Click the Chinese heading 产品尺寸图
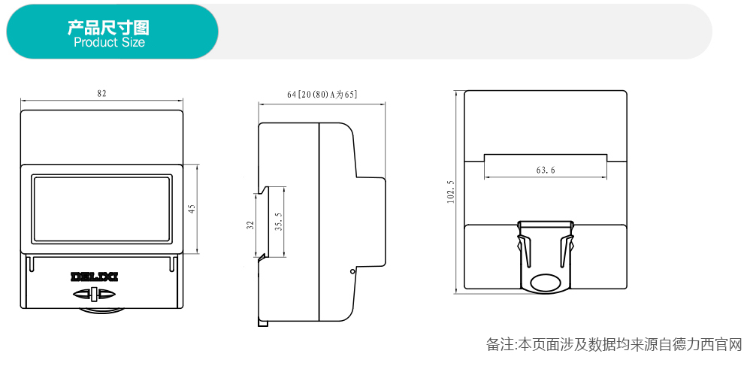point(108,28)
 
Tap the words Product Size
point(109,42)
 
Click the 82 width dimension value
point(101,93)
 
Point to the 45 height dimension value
point(192,209)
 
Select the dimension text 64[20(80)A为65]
point(322,95)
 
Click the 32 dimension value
point(251,225)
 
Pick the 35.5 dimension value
point(279,222)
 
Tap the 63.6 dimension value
point(546,170)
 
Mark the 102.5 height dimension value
point(451,192)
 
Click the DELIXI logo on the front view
point(94,277)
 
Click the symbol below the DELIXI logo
point(94,295)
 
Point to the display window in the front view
point(101,209)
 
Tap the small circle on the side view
point(352,271)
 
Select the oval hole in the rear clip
point(545,283)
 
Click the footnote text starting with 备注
point(613,344)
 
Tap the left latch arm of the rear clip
point(524,250)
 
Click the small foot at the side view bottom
point(263,323)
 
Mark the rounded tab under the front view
point(101,310)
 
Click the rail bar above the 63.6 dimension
point(545,158)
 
